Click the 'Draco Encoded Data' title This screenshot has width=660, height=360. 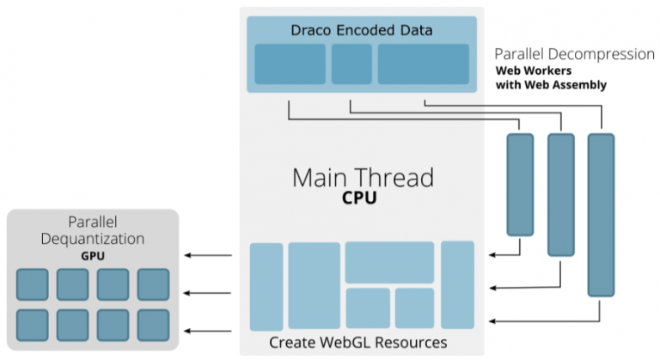(360, 31)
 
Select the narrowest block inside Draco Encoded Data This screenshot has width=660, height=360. (351, 64)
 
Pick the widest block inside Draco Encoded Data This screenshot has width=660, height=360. (423, 64)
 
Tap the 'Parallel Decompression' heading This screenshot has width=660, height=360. (574, 54)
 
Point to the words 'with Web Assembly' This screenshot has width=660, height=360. (552, 85)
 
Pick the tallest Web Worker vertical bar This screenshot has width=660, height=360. (601, 215)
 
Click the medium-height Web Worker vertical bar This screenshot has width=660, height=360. (560, 194)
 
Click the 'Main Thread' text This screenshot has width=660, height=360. (363, 178)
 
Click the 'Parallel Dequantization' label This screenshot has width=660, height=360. (93, 230)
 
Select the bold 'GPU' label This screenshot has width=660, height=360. (92, 255)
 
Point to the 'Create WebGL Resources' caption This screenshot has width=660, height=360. (358, 343)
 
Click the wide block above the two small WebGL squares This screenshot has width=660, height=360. (389, 262)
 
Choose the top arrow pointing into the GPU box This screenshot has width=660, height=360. (210, 255)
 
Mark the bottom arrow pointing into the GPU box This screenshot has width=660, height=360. (210, 330)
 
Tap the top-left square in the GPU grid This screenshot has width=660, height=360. (33, 284)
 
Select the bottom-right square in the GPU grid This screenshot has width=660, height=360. (153, 324)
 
